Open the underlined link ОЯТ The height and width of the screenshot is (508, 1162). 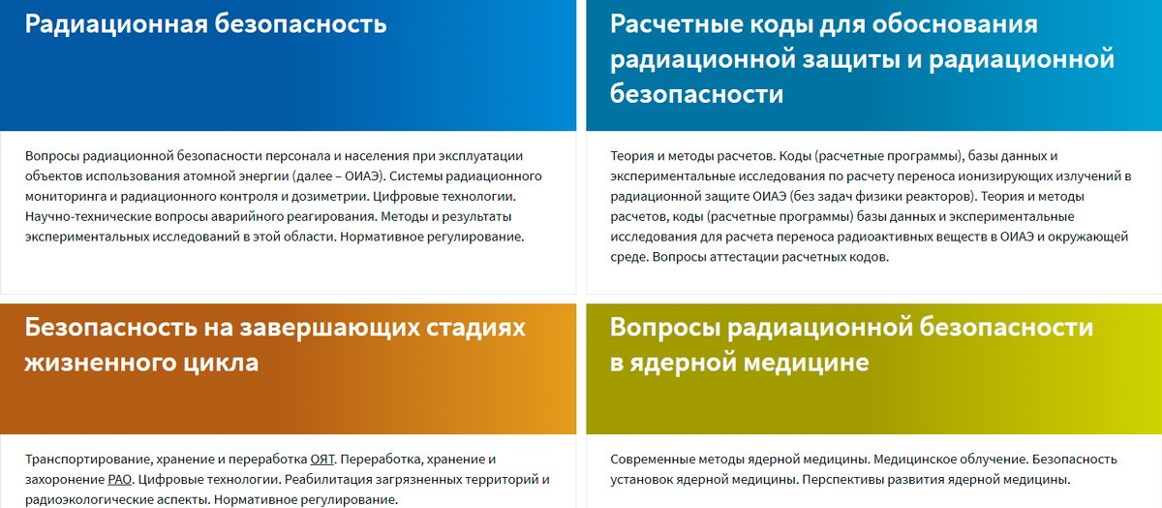coord(322,460)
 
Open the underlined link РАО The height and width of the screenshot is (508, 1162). coord(120,480)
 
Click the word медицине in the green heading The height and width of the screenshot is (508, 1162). coord(806,363)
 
